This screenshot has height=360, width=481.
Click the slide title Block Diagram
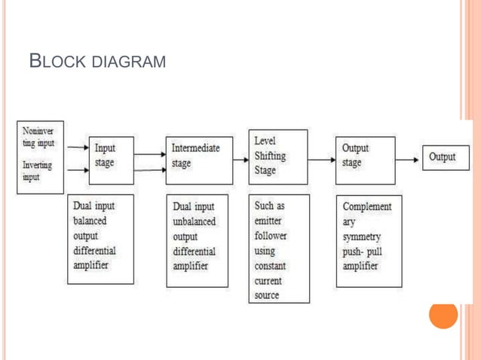[x=97, y=61]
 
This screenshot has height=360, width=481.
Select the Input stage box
[x=111, y=159]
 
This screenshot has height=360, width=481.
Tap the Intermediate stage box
[x=199, y=159]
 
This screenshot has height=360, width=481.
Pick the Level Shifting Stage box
[x=278, y=157]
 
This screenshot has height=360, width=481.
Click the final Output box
[x=445, y=157]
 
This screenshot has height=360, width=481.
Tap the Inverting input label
[x=38, y=170]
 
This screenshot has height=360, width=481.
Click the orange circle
[x=443, y=315]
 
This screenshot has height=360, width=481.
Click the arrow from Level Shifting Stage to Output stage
[x=322, y=159]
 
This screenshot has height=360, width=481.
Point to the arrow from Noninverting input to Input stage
[x=78, y=148]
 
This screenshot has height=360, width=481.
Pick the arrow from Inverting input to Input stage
[x=78, y=170]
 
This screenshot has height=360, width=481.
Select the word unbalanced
[x=194, y=221]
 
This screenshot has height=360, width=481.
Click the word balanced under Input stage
[x=90, y=221]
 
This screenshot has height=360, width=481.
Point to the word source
[x=267, y=295]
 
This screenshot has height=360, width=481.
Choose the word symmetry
[x=362, y=236]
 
